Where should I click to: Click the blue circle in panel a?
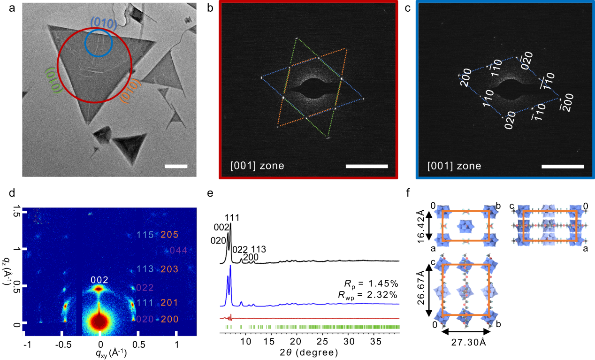[85, 43]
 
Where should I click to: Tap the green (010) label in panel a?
[53, 80]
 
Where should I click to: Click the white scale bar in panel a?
[176, 166]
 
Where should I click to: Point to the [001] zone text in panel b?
[258, 166]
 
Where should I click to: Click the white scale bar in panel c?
[562, 167]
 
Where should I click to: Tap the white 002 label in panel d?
[99, 280]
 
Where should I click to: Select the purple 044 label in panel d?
[178, 250]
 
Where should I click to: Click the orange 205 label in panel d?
[169, 235]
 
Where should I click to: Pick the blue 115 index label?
[145, 235]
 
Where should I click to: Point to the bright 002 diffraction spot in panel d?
[99, 289]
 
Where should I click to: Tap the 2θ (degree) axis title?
[309, 352]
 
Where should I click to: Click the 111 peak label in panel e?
[232, 218]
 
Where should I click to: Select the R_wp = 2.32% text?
[368, 295]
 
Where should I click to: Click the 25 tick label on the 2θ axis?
[323, 341]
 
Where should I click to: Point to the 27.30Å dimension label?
[469, 343]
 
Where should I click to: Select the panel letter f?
[409, 193]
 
